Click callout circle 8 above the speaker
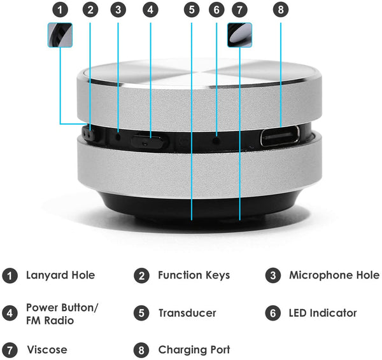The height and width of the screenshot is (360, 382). click(x=281, y=10)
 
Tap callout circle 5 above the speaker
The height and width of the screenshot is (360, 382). click(x=191, y=10)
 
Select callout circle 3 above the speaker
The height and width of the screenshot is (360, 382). click(x=117, y=10)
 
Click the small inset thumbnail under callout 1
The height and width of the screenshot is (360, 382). click(x=60, y=35)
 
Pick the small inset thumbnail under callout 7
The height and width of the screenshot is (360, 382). click(x=239, y=35)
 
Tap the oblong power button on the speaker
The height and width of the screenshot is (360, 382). click(x=150, y=140)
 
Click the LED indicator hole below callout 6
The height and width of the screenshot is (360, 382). click(x=216, y=137)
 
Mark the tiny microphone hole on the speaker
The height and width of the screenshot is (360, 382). click(x=118, y=136)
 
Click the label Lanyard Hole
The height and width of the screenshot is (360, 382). click(x=60, y=275)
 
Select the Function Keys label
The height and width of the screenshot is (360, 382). click(x=194, y=275)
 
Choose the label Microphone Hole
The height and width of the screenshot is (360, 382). click(x=334, y=275)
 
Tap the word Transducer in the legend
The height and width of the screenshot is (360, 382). click(x=187, y=313)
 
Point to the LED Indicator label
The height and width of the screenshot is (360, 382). click(x=323, y=313)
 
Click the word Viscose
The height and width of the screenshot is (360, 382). click(x=46, y=350)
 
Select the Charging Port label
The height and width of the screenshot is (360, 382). click(x=194, y=350)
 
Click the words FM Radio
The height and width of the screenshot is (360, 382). click(x=50, y=321)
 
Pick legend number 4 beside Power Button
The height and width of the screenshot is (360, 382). click(x=10, y=313)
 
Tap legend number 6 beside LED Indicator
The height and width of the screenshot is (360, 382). click(x=272, y=313)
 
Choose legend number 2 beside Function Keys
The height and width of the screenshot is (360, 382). click(x=141, y=275)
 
